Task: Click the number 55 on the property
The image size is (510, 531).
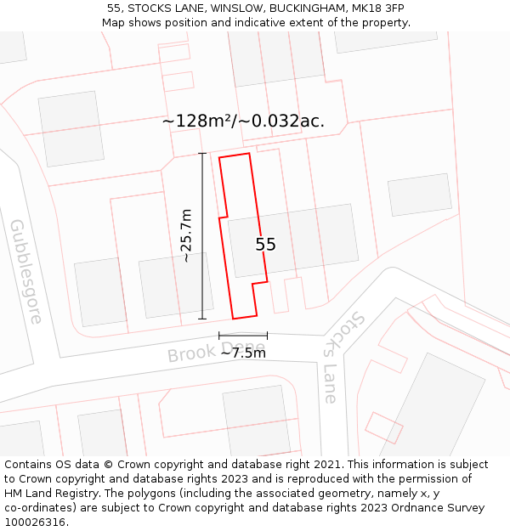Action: point(265,245)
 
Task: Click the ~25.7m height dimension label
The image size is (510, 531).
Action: point(185,235)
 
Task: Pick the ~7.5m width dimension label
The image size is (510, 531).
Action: point(243,353)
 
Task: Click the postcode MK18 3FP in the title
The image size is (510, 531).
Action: point(377,8)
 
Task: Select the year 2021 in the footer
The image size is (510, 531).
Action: point(327,465)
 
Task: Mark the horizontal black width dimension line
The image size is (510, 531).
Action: point(243,336)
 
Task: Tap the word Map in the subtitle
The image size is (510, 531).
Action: point(114,23)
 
